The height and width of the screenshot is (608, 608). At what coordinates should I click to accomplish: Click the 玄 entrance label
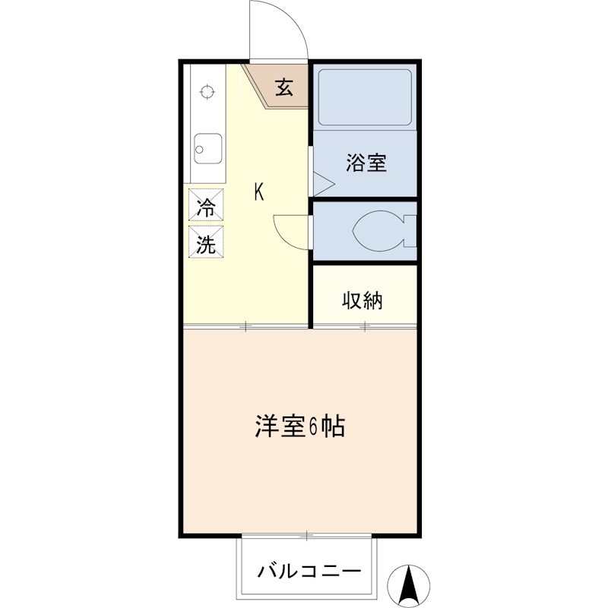click(283, 88)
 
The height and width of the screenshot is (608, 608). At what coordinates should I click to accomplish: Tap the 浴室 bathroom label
click(366, 163)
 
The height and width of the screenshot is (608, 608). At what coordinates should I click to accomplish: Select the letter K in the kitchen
click(259, 193)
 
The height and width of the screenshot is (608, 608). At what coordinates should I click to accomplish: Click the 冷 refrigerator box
click(206, 206)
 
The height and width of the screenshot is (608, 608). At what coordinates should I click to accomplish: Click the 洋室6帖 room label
click(299, 426)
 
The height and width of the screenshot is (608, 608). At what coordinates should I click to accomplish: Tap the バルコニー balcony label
click(308, 570)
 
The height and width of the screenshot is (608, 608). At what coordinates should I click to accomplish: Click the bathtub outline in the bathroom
click(364, 97)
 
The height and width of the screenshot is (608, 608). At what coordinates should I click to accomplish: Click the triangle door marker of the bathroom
click(322, 183)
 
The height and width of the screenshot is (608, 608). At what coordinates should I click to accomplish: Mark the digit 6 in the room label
click(314, 427)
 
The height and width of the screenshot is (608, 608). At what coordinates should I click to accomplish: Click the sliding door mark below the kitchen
click(245, 326)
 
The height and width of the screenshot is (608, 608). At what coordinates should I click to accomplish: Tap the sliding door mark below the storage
click(366, 326)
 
